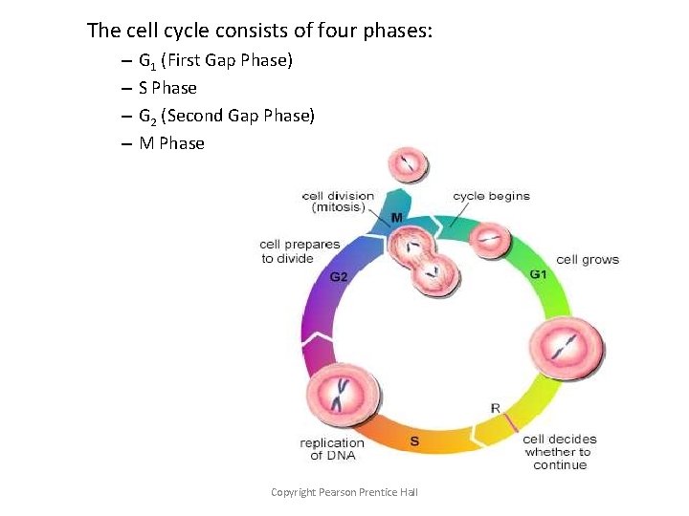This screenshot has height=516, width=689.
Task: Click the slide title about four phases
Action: [x=259, y=31]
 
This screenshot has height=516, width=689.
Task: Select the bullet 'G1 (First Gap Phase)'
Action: [x=215, y=61]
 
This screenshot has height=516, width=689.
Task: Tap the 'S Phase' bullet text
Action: [x=167, y=88]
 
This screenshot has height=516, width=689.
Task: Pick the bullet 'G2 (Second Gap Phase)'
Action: [x=226, y=116]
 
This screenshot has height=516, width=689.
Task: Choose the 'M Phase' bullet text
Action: [x=171, y=143]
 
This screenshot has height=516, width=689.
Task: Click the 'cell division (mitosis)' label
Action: [x=338, y=202]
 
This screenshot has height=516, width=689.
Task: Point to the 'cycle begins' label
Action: [x=491, y=196]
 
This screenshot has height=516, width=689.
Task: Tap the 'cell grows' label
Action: [x=588, y=259]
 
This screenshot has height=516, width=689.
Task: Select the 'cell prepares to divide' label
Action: [x=300, y=250]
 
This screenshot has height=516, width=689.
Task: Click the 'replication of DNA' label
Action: [x=332, y=448]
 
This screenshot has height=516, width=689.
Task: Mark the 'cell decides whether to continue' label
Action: [x=560, y=452]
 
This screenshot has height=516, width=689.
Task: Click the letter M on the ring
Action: [x=396, y=218]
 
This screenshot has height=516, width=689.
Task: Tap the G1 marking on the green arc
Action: [x=539, y=274]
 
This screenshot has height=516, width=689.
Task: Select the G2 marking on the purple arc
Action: [x=339, y=277]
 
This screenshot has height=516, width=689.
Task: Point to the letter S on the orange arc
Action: [x=414, y=441]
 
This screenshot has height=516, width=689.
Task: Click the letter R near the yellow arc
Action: [x=495, y=409]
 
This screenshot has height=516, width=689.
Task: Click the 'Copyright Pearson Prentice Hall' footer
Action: [x=344, y=492]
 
